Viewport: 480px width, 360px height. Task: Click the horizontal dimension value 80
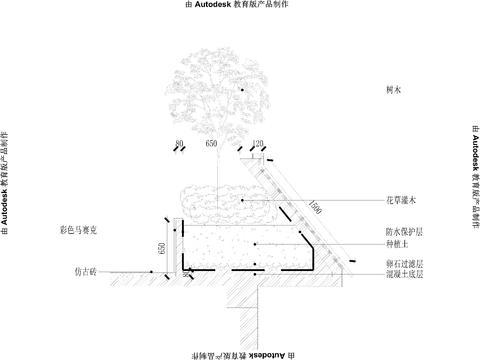click(179, 144)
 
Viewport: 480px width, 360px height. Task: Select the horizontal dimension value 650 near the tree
click(211, 144)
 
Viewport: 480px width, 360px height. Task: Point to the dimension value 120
click(257, 144)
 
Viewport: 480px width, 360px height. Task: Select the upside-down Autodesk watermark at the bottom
click(240, 354)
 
